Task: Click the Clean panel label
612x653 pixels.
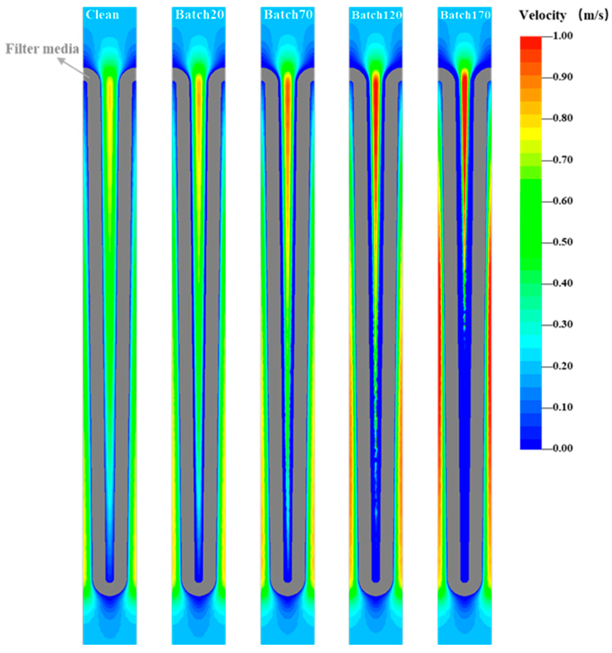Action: pos(102,15)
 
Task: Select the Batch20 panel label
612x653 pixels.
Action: pos(200,15)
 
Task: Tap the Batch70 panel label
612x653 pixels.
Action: pos(288,15)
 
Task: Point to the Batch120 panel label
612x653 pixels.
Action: pos(376,15)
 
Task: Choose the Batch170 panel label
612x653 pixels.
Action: pos(465,15)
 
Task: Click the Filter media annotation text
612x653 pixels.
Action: pos(42,49)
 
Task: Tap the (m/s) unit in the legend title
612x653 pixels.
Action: pos(593,16)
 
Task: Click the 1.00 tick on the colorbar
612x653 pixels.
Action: pos(563,36)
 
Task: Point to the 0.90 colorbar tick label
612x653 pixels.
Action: pos(563,77)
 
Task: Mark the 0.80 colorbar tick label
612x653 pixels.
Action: pos(563,118)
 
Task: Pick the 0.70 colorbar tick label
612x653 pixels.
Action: pos(563,160)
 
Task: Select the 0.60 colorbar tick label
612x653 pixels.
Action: pos(563,201)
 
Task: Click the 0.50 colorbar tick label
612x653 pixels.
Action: pos(563,242)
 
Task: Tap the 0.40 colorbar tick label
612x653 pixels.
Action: pos(563,283)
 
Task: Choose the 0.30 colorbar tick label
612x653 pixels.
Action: pos(563,325)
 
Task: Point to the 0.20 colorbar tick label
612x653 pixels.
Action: pos(563,366)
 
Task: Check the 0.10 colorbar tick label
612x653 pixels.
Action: pos(563,407)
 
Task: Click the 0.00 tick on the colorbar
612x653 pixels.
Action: pos(563,448)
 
